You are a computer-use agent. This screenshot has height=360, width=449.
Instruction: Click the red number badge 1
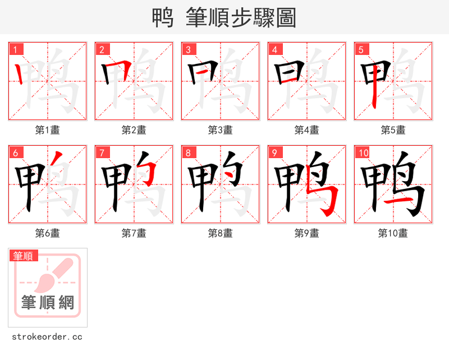pos(16,50)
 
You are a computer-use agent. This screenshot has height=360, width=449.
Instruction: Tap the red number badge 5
pos(361,50)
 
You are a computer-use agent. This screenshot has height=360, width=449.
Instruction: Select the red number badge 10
pos(363,153)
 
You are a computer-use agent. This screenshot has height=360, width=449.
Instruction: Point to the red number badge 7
pos(102,153)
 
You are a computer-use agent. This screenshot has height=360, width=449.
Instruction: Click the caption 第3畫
pos(220,130)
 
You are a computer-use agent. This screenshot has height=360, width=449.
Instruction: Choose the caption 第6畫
pos(47,233)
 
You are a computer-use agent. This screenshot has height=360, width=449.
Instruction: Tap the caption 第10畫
pos(393,233)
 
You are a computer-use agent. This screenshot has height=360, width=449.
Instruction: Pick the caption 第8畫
pos(220,233)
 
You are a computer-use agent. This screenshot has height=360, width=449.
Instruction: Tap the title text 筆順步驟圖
pos(236,18)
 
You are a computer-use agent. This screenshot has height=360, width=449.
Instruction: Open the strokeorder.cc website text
pos(47,337)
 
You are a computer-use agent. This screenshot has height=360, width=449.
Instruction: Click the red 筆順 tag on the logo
pos(24,256)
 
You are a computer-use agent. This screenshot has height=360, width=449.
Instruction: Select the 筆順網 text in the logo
pos(48,303)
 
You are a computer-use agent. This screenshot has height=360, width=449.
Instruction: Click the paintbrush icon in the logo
pos(56,273)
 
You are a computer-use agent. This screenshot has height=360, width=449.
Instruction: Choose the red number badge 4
pos(275,50)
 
